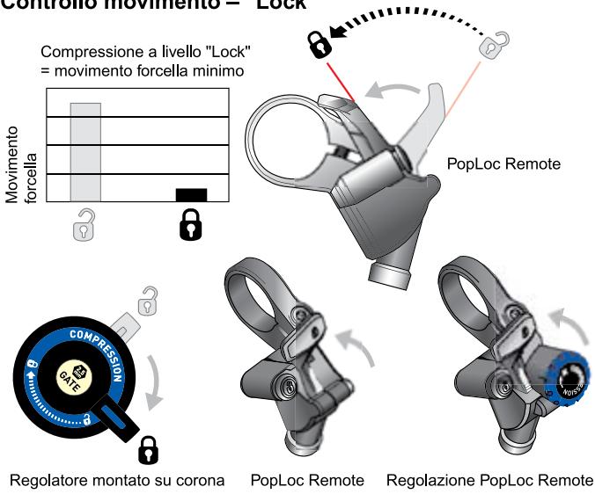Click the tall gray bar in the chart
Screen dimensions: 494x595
pyautogui.click(x=86, y=152)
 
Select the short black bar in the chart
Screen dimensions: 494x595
pyautogui.click(x=191, y=195)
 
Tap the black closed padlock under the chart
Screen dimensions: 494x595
pyautogui.click(x=190, y=228)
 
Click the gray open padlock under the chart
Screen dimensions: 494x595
pyautogui.click(x=85, y=227)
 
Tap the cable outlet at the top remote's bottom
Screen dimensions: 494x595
pyautogui.click(x=388, y=275)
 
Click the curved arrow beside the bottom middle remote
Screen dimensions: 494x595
pyautogui.click(x=366, y=344)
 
